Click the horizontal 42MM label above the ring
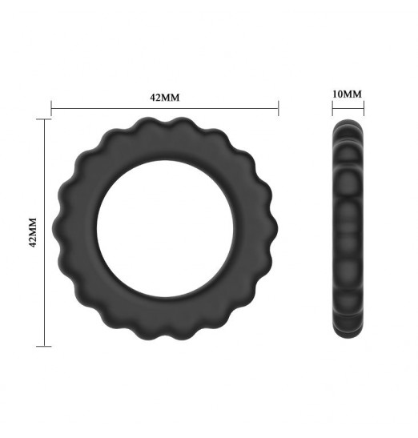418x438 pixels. [165, 98]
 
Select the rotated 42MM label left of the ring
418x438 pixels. [33, 232]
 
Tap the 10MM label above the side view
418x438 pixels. [347, 94]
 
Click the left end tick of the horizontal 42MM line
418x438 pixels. [51, 108]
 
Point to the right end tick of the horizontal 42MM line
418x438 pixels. [279, 108]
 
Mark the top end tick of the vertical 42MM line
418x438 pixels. [44, 119]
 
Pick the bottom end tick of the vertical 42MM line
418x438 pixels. [44, 347]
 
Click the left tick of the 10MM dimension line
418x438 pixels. [332, 108]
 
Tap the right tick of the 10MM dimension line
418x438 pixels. [364, 108]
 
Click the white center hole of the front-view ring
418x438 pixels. [165, 228]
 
